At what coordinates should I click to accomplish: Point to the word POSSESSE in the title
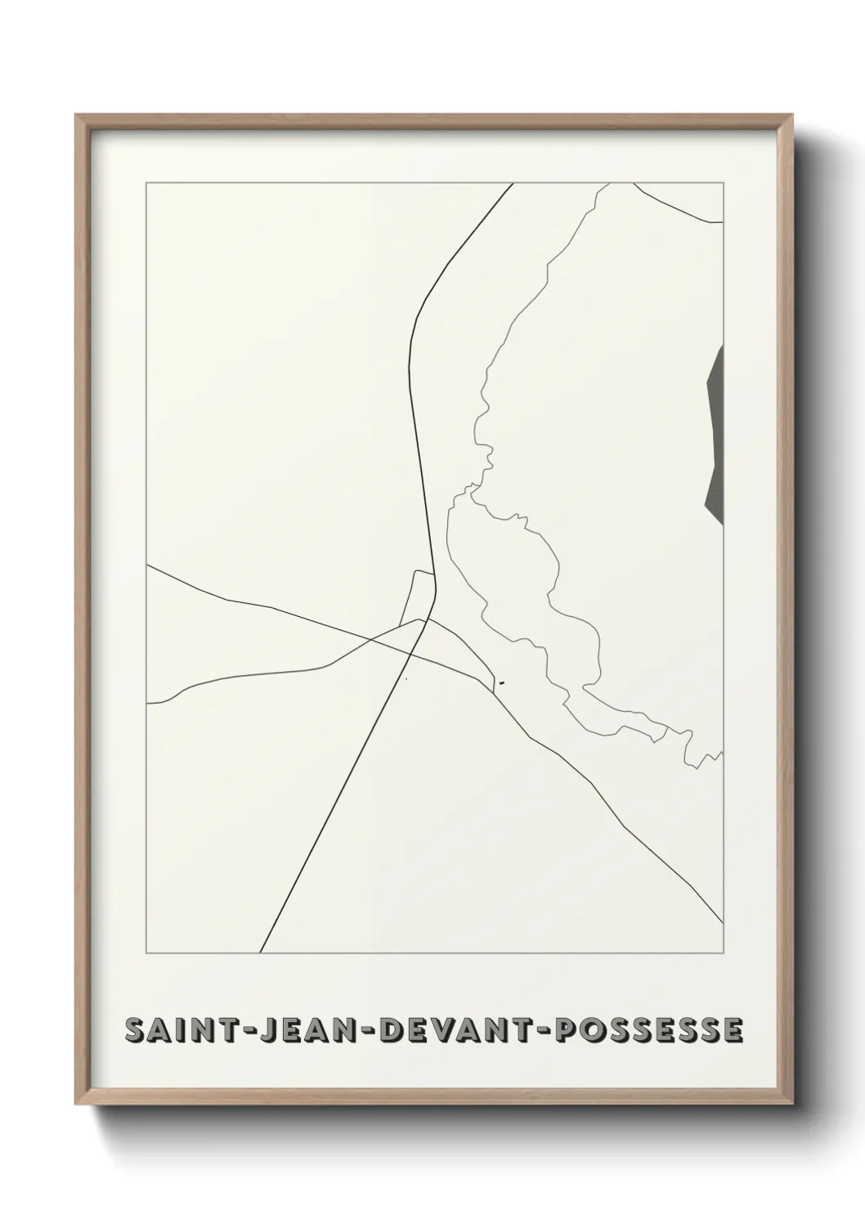click(649, 1031)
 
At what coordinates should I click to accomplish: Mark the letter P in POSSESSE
click(565, 1031)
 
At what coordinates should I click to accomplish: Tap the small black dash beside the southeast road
click(501, 682)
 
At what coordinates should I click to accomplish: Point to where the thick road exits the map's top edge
click(513, 184)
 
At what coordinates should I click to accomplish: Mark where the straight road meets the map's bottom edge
click(261, 952)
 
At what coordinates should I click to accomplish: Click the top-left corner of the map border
click(146, 183)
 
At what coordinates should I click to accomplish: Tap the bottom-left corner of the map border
click(146, 953)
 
